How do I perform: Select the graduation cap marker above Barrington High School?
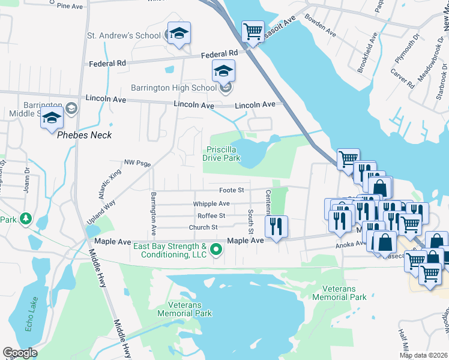(x=223, y=71)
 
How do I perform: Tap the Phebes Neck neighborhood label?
(x=84, y=135)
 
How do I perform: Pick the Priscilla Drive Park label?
(x=223, y=154)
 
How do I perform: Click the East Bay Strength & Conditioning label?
(x=170, y=251)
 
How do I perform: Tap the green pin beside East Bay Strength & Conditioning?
(x=216, y=251)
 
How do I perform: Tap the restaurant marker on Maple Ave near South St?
(x=276, y=226)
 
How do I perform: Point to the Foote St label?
(x=231, y=190)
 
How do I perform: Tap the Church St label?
(x=203, y=227)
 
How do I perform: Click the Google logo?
(x=20, y=353)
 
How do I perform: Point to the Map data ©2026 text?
(x=423, y=355)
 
